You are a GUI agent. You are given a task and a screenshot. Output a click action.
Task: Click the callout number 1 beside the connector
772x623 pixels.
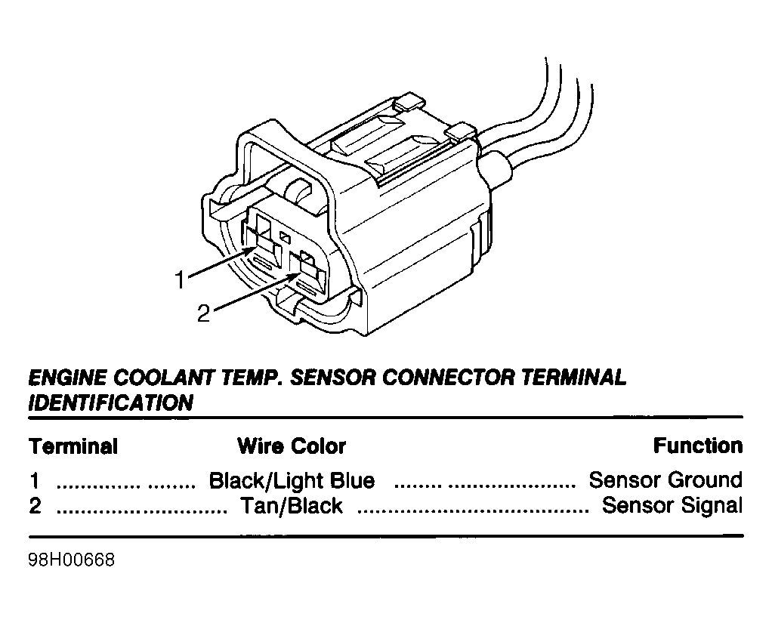point(181,279)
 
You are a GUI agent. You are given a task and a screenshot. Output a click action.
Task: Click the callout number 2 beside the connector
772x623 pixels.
point(203,313)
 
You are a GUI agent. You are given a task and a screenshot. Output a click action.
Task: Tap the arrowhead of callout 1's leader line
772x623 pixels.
point(251,249)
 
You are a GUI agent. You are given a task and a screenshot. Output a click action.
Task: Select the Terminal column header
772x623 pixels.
point(73,446)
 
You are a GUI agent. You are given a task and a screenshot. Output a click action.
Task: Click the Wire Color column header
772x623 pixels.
point(292,446)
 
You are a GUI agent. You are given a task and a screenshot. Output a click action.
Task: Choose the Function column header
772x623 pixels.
point(698,446)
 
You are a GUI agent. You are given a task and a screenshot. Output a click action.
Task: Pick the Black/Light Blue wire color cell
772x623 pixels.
point(292,480)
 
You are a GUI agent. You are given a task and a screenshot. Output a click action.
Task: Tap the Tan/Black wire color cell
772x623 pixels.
point(291,506)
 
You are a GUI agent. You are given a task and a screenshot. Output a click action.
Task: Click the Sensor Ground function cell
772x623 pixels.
point(665,480)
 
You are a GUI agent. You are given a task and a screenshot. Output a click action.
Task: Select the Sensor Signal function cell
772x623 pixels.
point(672,505)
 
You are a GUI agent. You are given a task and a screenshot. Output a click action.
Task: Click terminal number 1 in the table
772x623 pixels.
point(34,480)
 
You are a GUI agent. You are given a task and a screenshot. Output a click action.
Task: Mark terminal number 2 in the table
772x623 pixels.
point(35,506)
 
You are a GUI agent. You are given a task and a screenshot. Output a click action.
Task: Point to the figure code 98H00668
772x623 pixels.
point(72,560)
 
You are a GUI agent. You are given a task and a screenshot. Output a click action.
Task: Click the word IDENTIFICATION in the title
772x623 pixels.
point(111,402)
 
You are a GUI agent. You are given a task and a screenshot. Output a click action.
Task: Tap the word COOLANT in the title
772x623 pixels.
point(164,378)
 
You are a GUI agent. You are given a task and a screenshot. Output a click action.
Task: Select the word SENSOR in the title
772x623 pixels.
point(333,378)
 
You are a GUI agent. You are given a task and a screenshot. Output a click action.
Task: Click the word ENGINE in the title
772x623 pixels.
point(67,378)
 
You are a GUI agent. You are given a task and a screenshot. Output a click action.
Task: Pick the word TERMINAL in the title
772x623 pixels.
point(573,378)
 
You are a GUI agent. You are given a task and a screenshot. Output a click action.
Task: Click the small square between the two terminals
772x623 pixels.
point(285,237)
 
